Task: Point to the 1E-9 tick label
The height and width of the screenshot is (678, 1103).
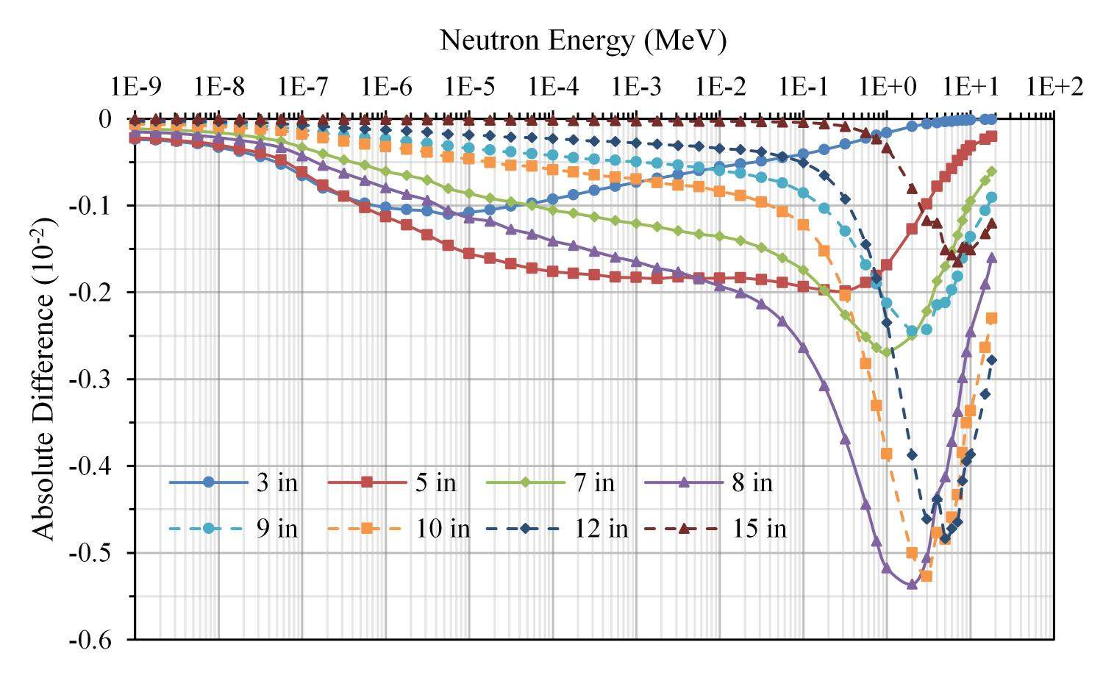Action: pyautogui.click(x=135, y=87)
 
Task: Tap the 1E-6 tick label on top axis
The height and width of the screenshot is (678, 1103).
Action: pyautogui.click(x=386, y=87)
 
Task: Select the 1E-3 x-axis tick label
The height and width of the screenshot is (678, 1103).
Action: pyautogui.click(x=636, y=87)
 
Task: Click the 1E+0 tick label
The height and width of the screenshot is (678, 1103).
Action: pyautogui.click(x=887, y=87)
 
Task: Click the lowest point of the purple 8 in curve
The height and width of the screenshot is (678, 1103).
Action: pyautogui.click(x=912, y=585)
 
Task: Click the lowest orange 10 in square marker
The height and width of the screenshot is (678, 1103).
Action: pyautogui.click(x=927, y=576)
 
